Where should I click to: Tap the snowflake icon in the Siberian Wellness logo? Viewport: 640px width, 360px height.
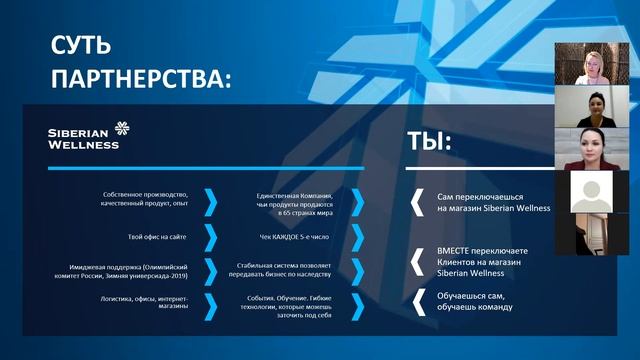click(122, 128)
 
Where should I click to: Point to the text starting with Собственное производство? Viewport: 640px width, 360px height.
click(144, 199)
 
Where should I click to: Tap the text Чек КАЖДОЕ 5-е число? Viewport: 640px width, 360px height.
click(295, 238)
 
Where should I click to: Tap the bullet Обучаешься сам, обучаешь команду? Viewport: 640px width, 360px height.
click(476, 300)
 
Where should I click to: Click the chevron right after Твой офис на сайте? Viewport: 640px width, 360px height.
click(210, 238)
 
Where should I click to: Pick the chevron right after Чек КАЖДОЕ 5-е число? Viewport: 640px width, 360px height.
click(357, 238)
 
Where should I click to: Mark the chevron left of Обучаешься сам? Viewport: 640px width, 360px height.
click(417, 299)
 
